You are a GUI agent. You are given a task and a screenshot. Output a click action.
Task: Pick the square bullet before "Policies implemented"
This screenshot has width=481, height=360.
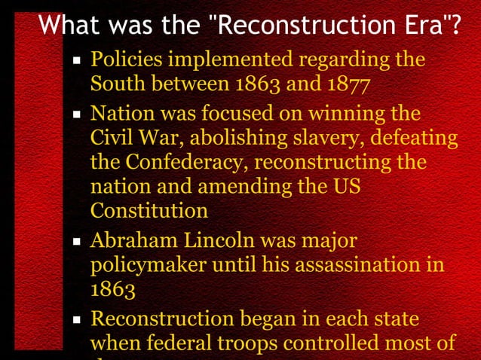[x=76, y=61]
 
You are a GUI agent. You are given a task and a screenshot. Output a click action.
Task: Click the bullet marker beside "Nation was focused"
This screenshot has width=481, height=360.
[x=76, y=117]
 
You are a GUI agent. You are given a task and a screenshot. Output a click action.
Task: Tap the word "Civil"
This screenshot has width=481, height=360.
[x=110, y=139]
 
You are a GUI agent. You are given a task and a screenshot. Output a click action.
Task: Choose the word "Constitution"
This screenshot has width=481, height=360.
[x=149, y=209]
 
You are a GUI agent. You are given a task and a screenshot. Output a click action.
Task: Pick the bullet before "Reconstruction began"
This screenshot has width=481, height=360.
[x=76, y=319]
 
